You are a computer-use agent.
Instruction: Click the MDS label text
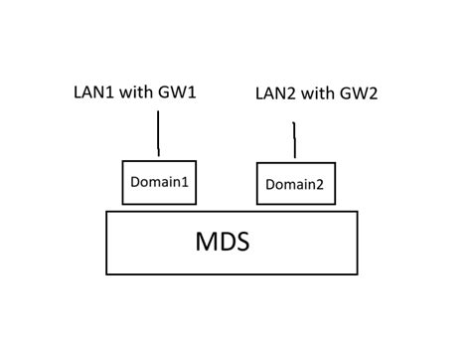click(222, 242)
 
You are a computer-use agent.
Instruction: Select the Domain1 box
click(159, 183)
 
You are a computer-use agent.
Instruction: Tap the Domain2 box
click(295, 184)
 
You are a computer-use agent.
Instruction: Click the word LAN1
click(92, 91)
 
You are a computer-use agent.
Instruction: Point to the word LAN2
click(275, 94)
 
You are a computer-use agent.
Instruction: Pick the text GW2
click(359, 94)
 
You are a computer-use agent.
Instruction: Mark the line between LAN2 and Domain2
click(294, 140)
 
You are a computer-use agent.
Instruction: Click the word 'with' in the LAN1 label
click(136, 91)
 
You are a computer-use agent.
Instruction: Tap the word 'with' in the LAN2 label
click(318, 94)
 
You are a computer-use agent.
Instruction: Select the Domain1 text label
click(159, 183)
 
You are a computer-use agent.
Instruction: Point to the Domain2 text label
click(295, 185)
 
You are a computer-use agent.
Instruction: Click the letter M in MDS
click(204, 242)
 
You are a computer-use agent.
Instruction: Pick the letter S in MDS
click(241, 242)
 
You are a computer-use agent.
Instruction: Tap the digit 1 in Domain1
click(185, 183)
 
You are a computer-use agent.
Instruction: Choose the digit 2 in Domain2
click(320, 185)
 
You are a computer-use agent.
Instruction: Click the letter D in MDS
click(225, 242)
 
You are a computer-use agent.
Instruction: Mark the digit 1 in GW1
click(193, 91)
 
